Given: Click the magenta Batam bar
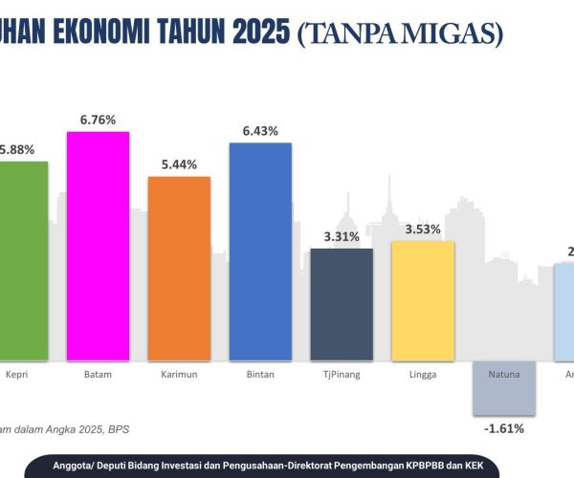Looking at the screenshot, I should (x=98, y=246).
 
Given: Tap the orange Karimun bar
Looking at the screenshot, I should (x=179, y=269).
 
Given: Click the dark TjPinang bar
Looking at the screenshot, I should (x=342, y=304).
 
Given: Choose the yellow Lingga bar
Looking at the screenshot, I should (x=423, y=300).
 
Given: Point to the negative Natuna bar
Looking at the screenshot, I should (x=504, y=388).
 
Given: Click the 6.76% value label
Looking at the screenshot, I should (x=98, y=119).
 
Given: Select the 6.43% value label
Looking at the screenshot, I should (x=260, y=131).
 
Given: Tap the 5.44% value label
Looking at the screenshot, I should (x=179, y=164).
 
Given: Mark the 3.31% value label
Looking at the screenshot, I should (x=342, y=236).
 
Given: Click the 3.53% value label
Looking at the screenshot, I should (x=423, y=228).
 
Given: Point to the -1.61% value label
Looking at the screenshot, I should (x=504, y=428).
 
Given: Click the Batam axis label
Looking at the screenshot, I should (x=98, y=374).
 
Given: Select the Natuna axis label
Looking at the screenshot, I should (x=504, y=374).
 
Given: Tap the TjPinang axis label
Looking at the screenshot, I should (x=342, y=374).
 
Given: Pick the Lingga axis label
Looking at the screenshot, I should (x=423, y=374).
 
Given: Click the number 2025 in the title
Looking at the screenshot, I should (x=257, y=33).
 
